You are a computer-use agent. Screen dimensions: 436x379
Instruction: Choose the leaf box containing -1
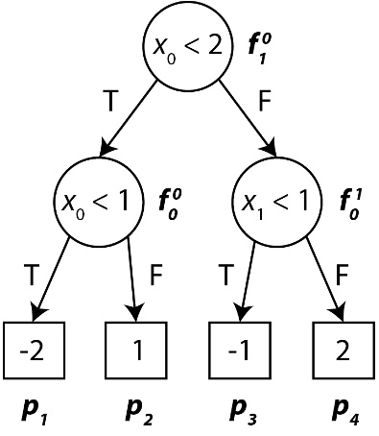(x=239, y=351)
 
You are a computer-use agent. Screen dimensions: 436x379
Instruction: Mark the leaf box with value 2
(x=343, y=351)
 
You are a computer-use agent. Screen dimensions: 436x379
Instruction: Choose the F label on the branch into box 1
(x=156, y=275)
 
